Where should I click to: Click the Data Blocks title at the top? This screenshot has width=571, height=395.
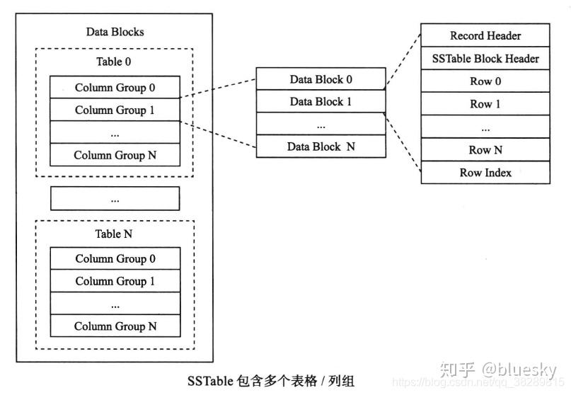(115, 32)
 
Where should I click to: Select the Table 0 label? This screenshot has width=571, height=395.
(114, 62)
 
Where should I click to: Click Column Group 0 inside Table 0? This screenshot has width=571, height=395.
(115, 88)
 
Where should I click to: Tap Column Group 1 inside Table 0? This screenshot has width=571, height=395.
(115, 110)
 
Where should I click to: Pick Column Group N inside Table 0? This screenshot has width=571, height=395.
(115, 155)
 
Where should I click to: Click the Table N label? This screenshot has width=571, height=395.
(114, 234)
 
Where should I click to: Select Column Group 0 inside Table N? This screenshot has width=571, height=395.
(115, 259)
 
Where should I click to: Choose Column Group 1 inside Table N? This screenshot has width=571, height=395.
(115, 282)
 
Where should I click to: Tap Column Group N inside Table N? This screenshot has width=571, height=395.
(115, 326)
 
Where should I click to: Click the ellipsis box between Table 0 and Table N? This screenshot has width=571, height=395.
(115, 199)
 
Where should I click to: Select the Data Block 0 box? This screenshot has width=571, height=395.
(321, 79)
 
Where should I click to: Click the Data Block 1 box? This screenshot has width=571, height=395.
(321, 102)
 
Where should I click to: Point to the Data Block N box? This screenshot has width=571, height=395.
(321, 147)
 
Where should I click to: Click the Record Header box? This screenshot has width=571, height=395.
(485, 35)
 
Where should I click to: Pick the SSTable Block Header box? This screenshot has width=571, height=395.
(485, 59)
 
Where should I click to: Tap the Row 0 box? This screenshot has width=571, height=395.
(485, 81)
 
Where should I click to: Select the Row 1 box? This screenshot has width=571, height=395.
(485, 104)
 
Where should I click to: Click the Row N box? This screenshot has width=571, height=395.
(485, 150)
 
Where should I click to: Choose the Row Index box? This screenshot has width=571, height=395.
(485, 173)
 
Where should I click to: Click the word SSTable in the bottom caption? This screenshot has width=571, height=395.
(209, 381)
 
